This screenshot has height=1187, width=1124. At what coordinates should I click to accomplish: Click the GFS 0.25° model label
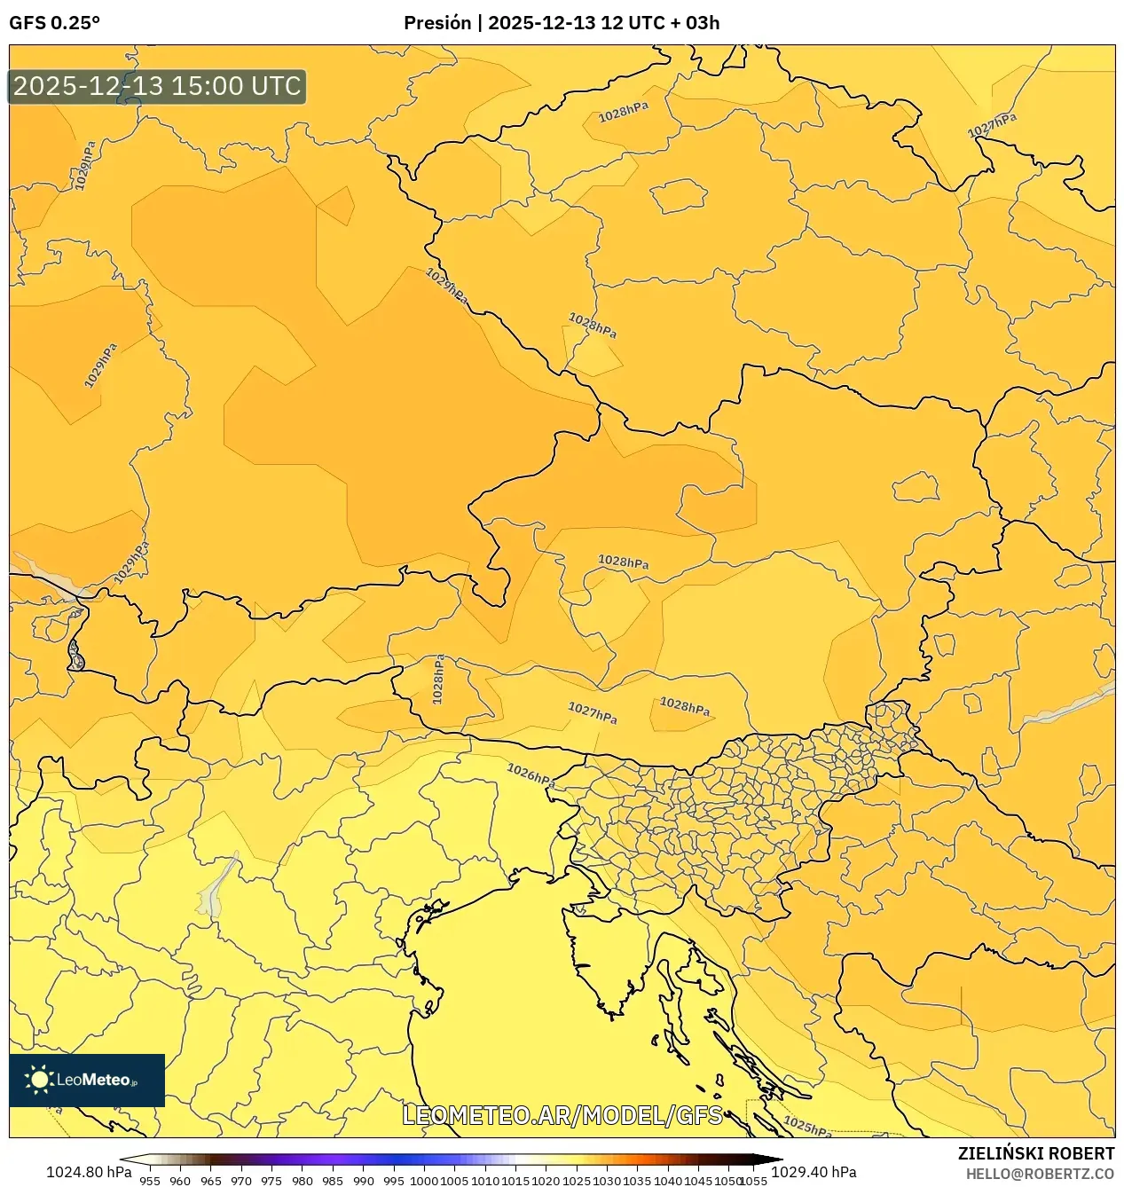[54, 23]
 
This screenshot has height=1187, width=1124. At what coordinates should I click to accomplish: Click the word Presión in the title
[436, 23]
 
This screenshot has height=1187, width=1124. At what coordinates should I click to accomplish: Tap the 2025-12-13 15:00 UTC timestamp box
[157, 86]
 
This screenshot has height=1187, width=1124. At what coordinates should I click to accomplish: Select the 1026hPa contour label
[531, 774]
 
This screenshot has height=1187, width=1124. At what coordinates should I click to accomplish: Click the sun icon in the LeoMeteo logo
[39, 1080]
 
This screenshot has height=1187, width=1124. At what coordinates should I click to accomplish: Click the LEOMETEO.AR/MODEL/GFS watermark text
[562, 1115]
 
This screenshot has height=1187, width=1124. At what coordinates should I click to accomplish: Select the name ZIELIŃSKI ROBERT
[1035, 1153]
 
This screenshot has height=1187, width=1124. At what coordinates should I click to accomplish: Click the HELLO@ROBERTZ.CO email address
[1040, 1174]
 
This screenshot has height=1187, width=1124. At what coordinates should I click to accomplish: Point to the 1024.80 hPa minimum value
[89, 1172]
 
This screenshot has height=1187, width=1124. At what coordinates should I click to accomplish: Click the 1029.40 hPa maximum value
[814, 1172]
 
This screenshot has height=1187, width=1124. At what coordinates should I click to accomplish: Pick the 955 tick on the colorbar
[149, 1180]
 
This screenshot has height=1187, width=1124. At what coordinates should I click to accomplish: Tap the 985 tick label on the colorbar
[332, 1180]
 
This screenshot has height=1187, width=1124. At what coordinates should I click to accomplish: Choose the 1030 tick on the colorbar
[606, 1180]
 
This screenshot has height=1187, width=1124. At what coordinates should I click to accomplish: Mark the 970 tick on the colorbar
[240, 1180]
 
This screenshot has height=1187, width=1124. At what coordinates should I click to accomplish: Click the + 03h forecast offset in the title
[695, 23]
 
